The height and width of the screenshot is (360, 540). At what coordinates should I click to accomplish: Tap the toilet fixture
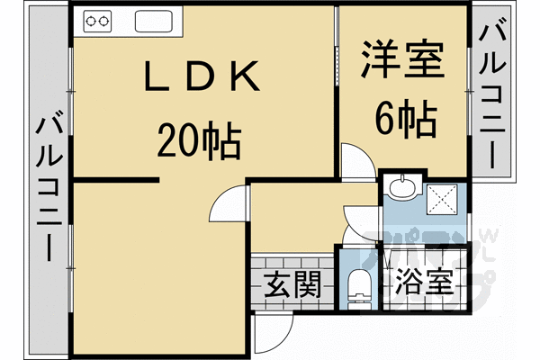click(358, 285)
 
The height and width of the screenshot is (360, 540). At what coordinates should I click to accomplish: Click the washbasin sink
click(400, 188)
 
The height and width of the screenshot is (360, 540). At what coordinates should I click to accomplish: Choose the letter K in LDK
click(247, 78)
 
